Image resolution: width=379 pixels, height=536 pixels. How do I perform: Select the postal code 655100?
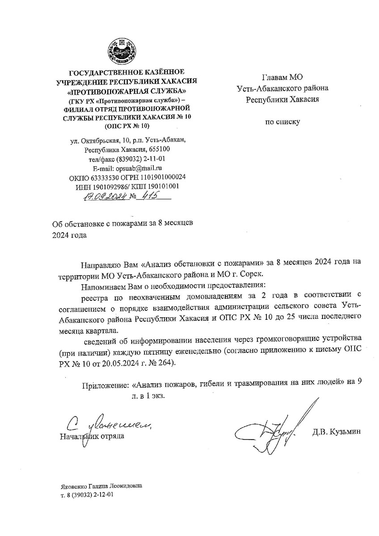click(x=157, y=149)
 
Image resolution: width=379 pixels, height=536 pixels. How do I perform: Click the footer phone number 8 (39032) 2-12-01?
click(x=90, y=495)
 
